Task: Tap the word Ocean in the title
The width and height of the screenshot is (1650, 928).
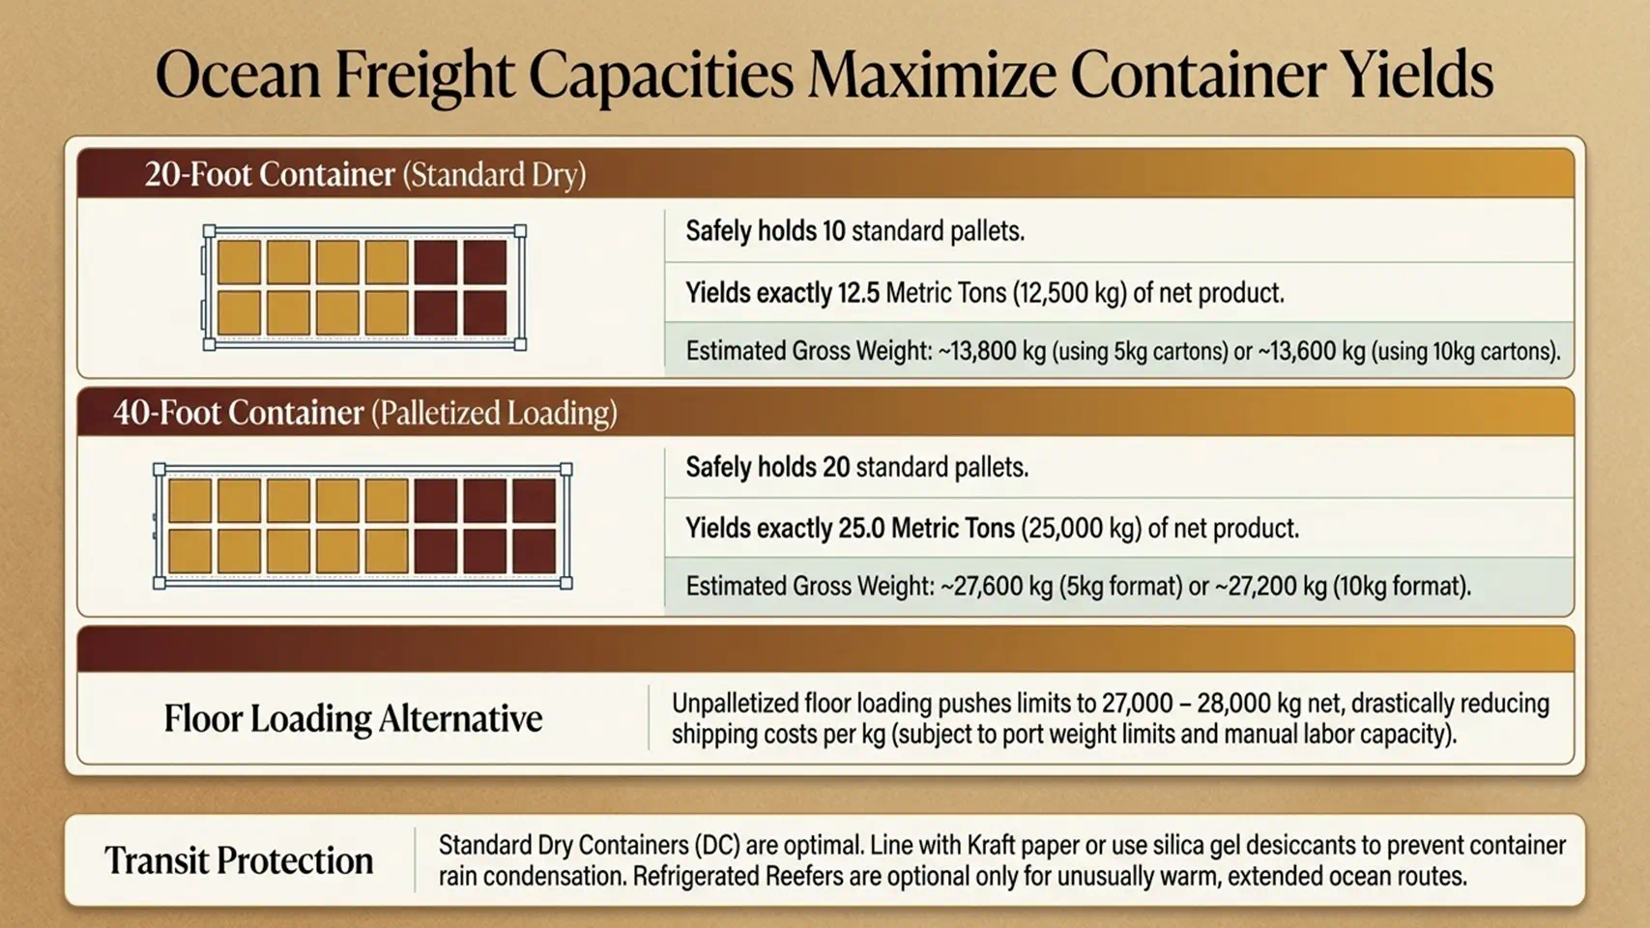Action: point(238,75)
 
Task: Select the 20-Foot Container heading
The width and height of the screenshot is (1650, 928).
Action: point(270,175)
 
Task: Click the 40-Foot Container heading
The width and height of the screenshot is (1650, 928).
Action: point(239,413)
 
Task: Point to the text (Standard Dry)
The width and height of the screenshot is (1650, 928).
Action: point(494,175)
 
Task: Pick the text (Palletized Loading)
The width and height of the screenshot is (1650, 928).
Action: point(494,413)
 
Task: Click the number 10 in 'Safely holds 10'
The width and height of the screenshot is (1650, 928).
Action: point(834,231)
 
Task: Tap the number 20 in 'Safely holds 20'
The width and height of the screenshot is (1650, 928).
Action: point(836,467)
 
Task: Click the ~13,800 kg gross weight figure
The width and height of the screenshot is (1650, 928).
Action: point(992,351)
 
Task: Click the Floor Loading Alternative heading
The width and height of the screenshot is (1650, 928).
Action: point(353,719)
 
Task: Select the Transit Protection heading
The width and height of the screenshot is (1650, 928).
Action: point(239,860)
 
